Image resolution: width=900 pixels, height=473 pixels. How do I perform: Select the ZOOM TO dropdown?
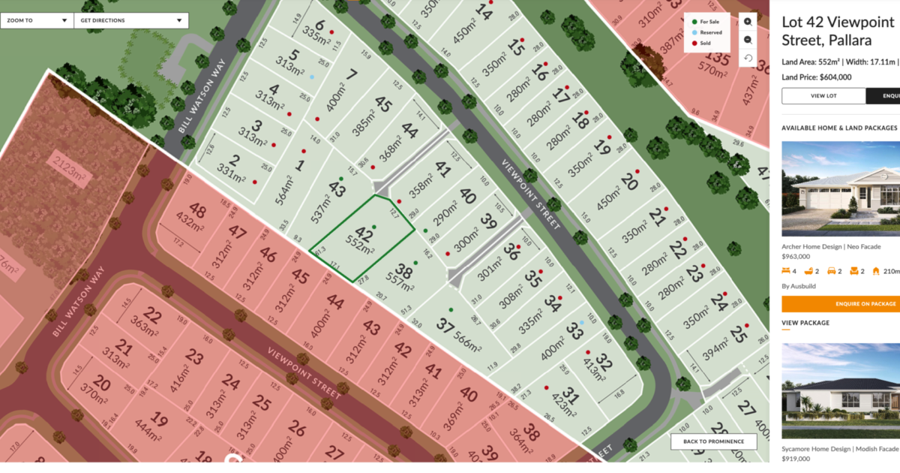click(x=37, y=20)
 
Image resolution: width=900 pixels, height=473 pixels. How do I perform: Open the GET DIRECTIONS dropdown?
click(x=130, y=20)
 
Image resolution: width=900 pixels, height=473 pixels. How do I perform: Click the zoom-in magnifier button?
click(x=748, y=22)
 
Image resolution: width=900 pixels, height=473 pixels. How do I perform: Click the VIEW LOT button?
click(x=823, y=96)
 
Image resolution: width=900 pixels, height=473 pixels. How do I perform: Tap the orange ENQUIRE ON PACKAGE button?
click(x=841, y=304)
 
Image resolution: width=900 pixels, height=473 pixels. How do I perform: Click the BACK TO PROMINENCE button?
click(x=713, y=441)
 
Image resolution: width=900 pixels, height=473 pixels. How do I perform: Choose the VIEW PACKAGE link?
click(x=805, y=323)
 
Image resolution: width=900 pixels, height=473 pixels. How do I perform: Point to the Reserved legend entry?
click(x=706, y=32)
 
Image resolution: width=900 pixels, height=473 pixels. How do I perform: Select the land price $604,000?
click(x=817, y=77)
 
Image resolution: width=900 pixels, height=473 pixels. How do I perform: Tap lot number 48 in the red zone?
click(x=197, y=211)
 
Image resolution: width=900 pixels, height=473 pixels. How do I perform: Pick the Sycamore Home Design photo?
click(x=841, y=391)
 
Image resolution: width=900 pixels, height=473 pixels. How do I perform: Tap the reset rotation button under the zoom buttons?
click(x=748, y=58)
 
